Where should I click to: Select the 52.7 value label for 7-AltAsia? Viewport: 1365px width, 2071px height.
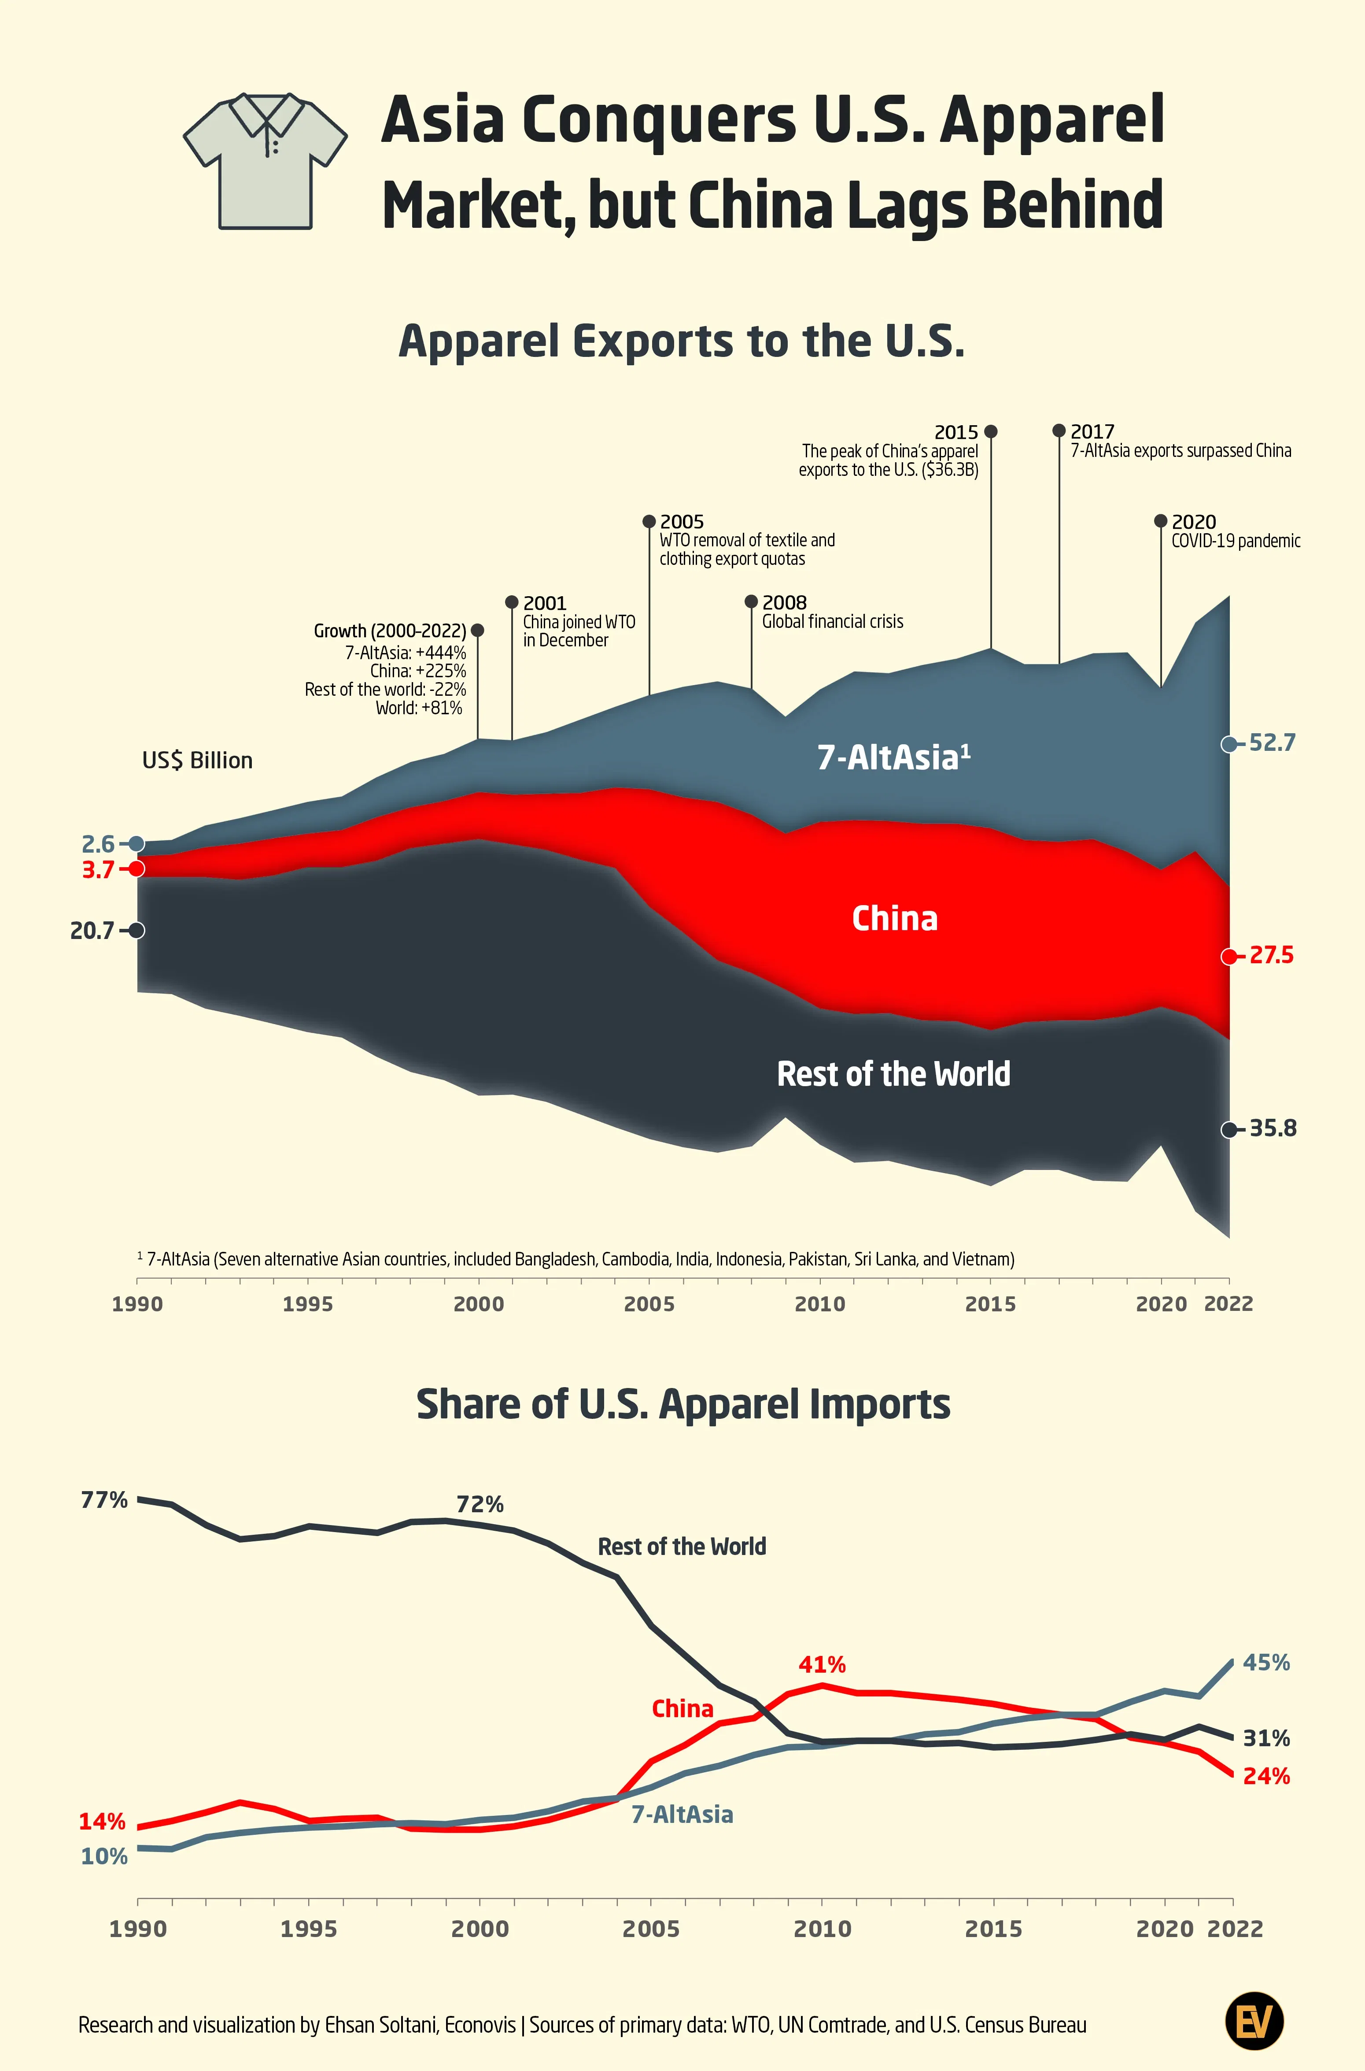click(1272, 743)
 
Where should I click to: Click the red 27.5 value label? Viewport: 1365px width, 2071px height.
click(1271, 955)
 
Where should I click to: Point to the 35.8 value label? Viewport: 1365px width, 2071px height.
click(1273, 1128)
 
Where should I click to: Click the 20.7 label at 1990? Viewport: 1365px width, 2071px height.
click(92, 931)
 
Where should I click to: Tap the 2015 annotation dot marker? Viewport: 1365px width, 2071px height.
click(991, 431)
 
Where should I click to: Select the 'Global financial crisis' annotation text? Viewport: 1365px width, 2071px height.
click(832, 622)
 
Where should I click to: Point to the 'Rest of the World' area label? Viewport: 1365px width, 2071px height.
click(893, 1074)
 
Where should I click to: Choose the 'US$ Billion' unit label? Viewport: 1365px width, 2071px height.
click(198, 760)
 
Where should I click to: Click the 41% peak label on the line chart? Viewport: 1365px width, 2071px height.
click(822, 1664)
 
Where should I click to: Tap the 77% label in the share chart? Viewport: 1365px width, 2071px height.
click(104, 1499)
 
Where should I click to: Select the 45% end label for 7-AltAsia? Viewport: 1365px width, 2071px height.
click(1266, 1663)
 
